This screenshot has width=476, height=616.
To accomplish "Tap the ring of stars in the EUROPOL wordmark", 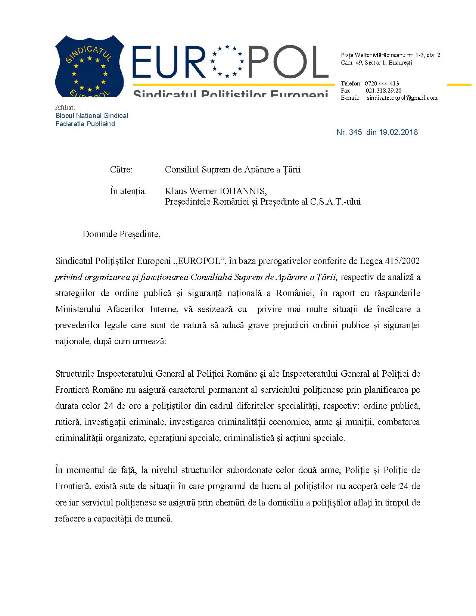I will point(227,61).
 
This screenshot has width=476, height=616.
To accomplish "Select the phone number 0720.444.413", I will point(382,83).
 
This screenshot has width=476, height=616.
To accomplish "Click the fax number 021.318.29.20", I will point(383,90).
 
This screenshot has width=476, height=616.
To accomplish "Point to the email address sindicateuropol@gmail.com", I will point(402,98).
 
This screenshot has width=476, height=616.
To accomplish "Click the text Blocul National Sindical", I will point(91,116).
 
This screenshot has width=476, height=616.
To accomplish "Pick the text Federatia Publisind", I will point(85,124).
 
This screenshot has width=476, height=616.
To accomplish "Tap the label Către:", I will point(121,169).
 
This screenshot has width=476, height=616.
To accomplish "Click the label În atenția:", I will point(128,192).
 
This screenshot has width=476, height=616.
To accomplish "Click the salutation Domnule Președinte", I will point(121,234).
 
